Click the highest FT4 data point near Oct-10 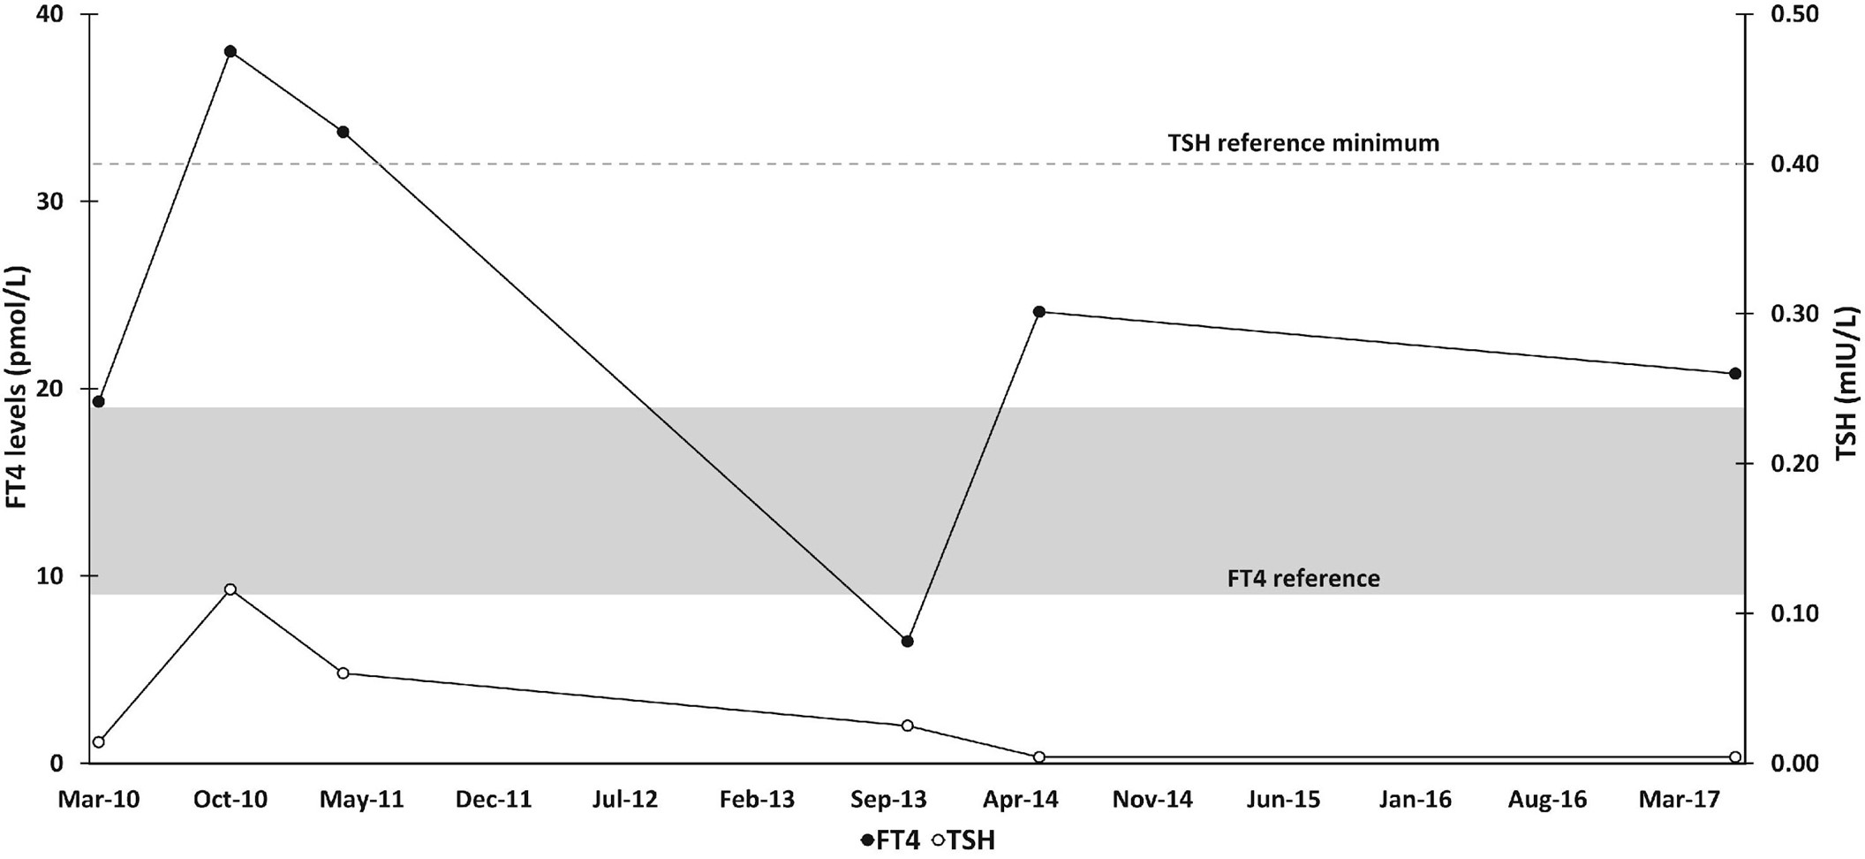(x=230, y=51)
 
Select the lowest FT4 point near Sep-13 (x=907, y=641)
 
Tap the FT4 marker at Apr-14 (x=1039, y=311)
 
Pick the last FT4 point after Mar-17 (x=1734, y=374)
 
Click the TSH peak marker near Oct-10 (x=230, y=589)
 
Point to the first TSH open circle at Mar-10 (x=99, y=741)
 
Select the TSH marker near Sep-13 (x=907, y=726)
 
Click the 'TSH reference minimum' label (x=1302, y=143)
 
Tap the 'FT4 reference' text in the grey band (x=1302, y=579)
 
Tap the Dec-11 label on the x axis (x=494, y=800)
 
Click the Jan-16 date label (x=1415, y=800)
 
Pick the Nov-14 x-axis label (x=1151, y=800)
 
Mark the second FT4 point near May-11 (x=344, y=133)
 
